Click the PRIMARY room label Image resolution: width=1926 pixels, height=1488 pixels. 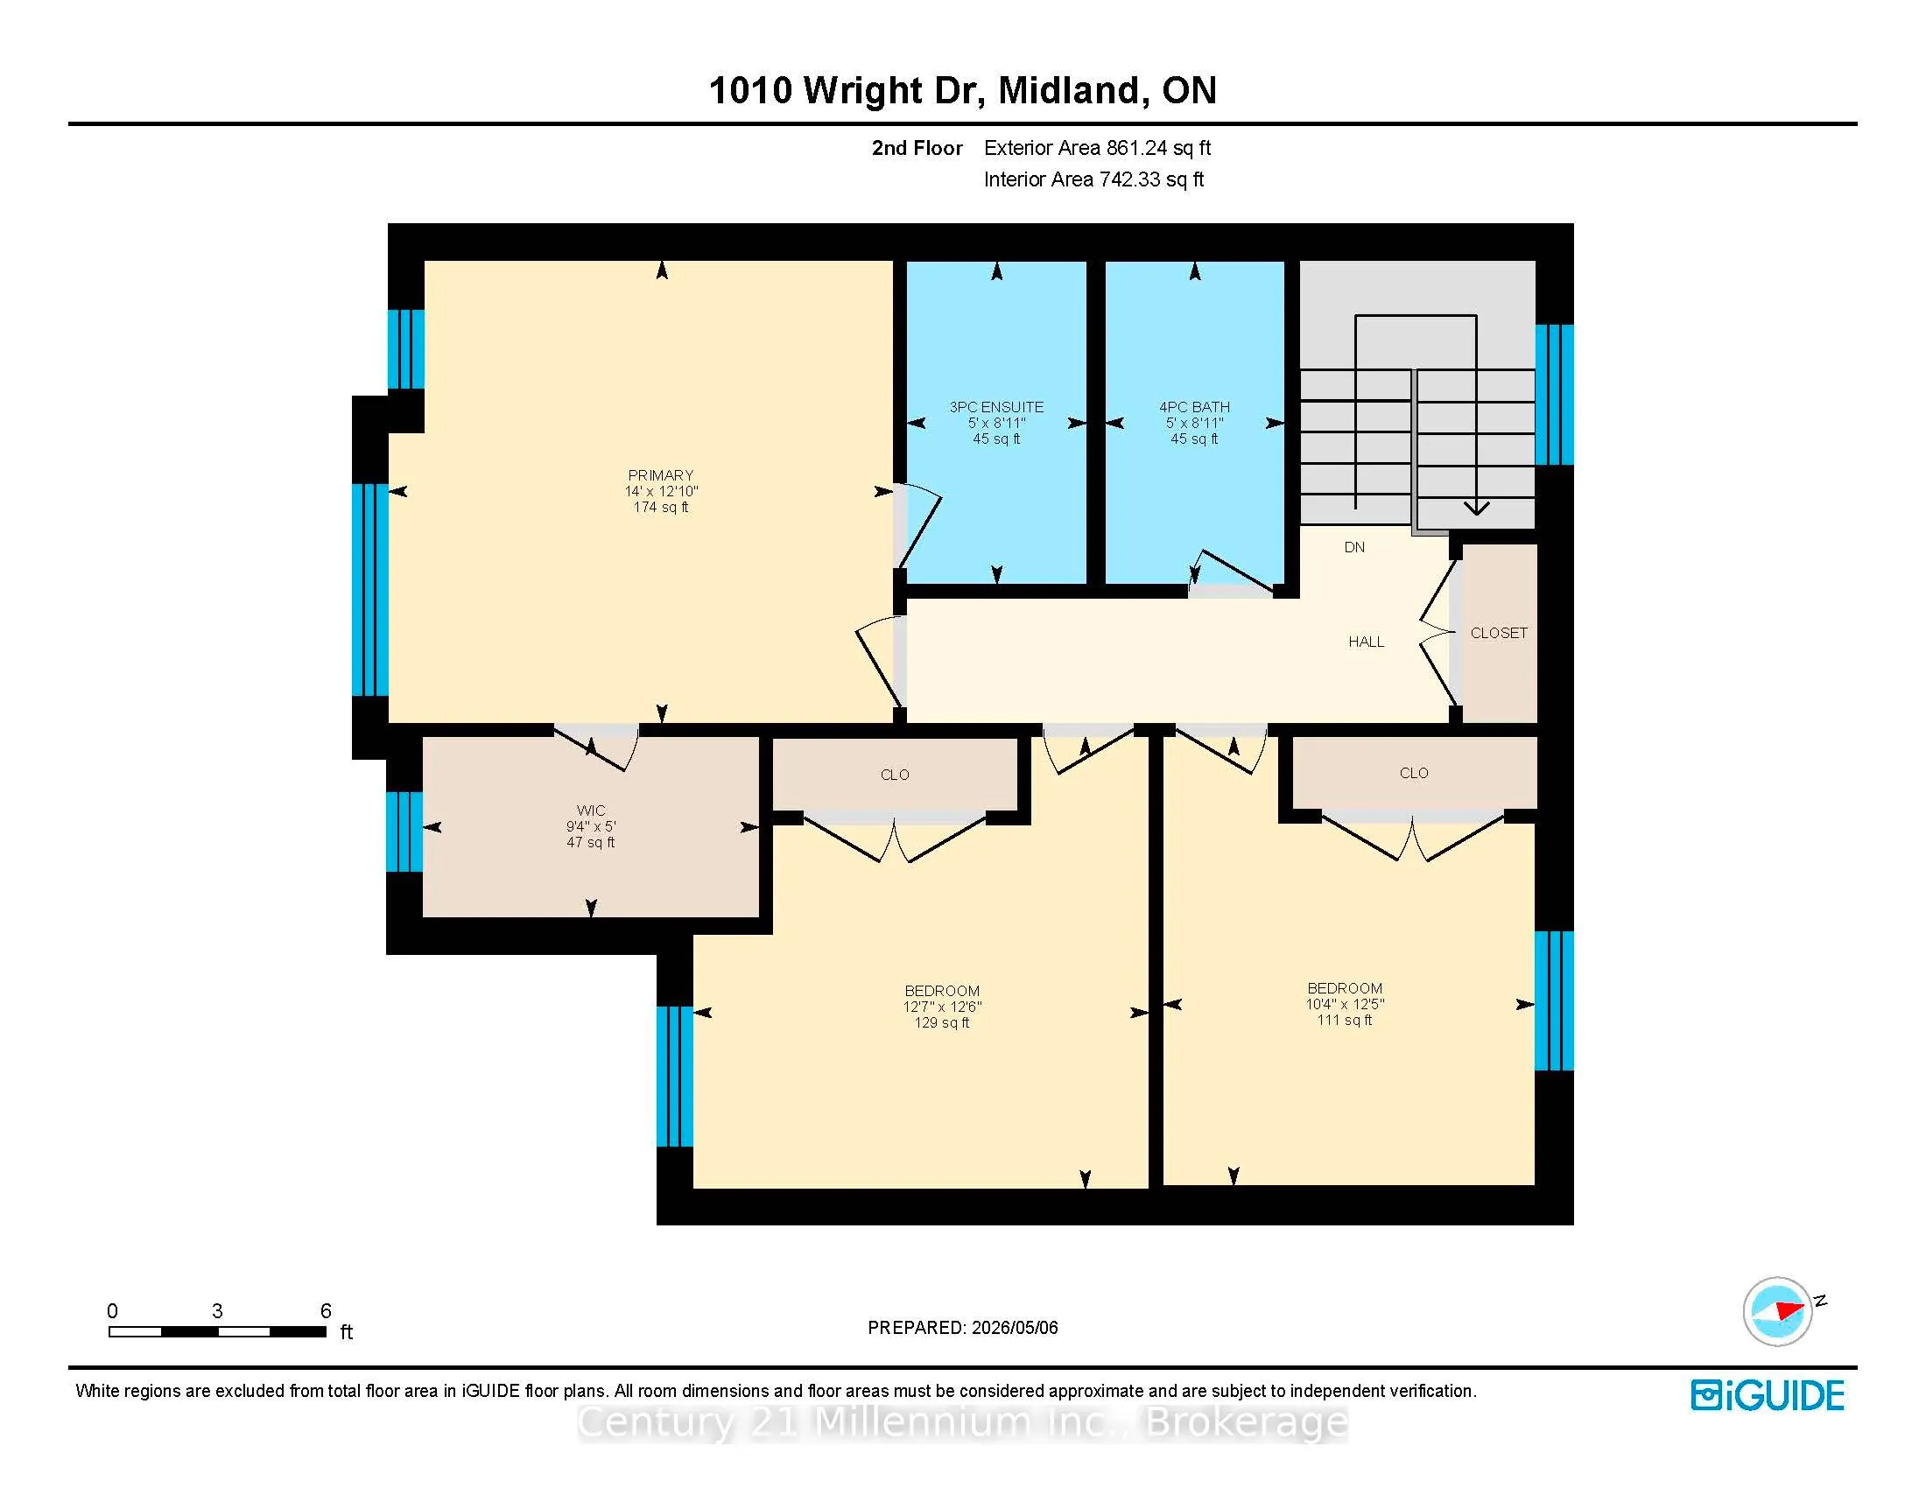click(660, 475)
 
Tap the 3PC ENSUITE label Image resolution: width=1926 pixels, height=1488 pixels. click(996, 407)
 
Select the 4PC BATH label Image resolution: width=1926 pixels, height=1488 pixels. click(1194, 407)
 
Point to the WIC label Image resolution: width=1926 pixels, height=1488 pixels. click(591, 811)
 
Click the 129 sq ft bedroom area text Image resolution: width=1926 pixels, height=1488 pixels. click(942, 1022)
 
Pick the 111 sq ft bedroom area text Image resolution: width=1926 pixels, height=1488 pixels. click(1345, 1020)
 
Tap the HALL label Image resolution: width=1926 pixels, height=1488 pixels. click(1366, 642)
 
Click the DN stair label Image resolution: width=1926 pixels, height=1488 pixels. click(1354, 547)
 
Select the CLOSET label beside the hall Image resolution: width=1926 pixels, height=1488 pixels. click(1499, 633)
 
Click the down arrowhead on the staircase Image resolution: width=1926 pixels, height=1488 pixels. click(1477, 508)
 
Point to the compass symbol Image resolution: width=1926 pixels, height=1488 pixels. click(1778, 1311)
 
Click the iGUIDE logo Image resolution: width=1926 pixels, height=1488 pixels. click(1768, 1395)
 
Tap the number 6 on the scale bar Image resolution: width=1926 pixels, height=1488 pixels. click(326, 1311)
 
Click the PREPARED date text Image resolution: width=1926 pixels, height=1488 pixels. click(963, 1328)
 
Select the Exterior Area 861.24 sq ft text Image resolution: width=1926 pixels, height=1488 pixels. click(1098, 148)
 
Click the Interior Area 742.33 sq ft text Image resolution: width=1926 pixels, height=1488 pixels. click(1093, 179)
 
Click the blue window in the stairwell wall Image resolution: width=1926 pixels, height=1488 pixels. click(1554, 395)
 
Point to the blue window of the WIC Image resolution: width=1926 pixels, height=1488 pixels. click(404, 832)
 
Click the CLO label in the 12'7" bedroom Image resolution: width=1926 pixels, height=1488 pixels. click(894, 775)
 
